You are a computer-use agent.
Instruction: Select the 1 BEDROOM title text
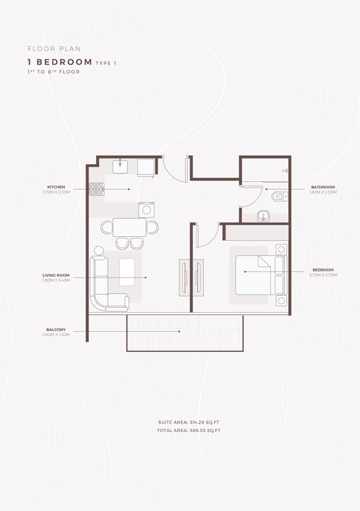click(x=60, y=61)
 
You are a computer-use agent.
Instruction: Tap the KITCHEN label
click(x=56, y=187)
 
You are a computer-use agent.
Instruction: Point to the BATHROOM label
click(x=323, y=187)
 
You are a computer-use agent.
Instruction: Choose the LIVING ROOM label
click(x=56, y=275)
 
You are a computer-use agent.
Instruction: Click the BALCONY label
click(x=56, y=329)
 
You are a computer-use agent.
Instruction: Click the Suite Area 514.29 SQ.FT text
click(x=189, y=423)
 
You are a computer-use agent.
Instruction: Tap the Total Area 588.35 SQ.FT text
click(x=189, y=431)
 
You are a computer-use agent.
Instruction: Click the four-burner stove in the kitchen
click(x=97, y=189)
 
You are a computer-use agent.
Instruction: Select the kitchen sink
click(x=120, y=166)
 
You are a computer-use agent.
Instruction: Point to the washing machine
click(x=147, y=209)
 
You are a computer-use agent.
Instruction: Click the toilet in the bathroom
click(x=278, y=197)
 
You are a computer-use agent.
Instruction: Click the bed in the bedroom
click(x=256, y=275)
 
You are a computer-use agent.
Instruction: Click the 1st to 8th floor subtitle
click(x=53, y=72)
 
